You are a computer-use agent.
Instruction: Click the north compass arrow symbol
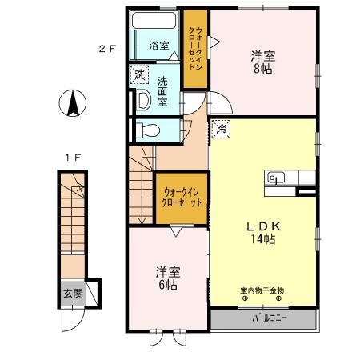tap(70, 102)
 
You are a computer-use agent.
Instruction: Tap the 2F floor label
tap(107, 48)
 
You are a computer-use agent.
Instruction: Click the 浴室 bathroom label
tap(159, 46)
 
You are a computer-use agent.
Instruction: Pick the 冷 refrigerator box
tap(221, 126)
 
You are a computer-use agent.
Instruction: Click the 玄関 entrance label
tap(73, 294)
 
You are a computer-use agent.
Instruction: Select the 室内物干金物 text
tap(262, 290)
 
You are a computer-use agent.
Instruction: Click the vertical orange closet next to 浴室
tap(195, 48)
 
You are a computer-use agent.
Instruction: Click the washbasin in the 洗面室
tap(143, 100)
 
